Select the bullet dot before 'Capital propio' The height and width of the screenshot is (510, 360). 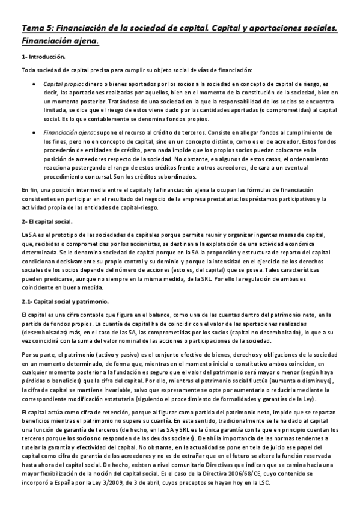(x=32, y=85)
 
